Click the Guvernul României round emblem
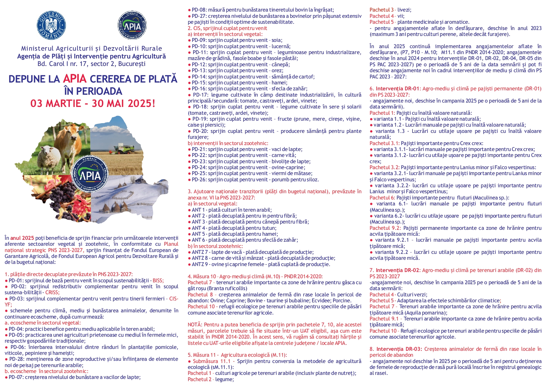[52, 26]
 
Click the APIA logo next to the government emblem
[132, 26]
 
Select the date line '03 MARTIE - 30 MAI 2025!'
[93, 103]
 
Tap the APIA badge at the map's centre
[90, 174]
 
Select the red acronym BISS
[158, 280]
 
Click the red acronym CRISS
[52, 293]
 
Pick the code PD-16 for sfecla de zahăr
[199, 89]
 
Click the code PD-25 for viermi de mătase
[199, 174]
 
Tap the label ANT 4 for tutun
[198, 228]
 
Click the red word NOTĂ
[195, 325]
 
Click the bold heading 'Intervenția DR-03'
[399, 349]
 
